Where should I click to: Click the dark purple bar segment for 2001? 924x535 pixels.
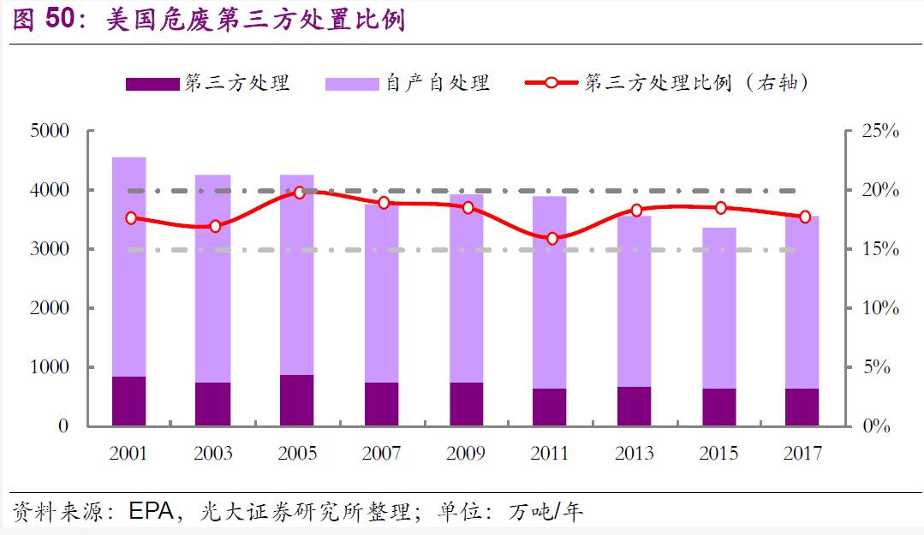(x=128, y=401)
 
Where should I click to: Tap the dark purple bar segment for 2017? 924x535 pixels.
(x=802, y=407)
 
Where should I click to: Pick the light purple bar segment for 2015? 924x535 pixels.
(x=718, y=308)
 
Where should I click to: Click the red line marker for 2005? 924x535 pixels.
(x=300, y=193)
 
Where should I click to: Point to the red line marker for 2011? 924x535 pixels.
(x=551, y=239)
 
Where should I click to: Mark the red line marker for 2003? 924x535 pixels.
(x=215, y=227)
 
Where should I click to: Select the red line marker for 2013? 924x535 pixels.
(x=636, y=211)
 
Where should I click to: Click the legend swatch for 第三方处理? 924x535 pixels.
(x=152, y=83)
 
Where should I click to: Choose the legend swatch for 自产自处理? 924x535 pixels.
(x=352, y=83)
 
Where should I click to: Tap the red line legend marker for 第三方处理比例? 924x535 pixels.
(x=551, y=83)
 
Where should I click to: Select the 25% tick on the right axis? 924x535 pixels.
(x=879, y=131)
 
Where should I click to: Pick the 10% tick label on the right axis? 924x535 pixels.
(x=879, y=308)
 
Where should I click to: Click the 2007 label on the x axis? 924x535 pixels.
(x=382, y=454)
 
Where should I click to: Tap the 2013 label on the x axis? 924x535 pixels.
(x=635, y=454)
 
